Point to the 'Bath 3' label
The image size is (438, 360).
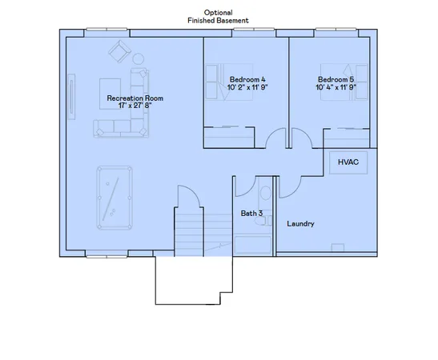pyautogui.click(x=251, y=214)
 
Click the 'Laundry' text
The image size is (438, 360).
pyautogui.click(x=300, y=223)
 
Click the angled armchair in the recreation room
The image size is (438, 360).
pyautogui.click(x=119, y=53)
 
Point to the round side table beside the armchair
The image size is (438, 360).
pyautogui.click(x=137, y=58)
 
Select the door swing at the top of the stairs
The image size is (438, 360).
pyautogui.click(x=185, y=196)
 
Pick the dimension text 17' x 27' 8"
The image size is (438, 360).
pyautogui.click(x=135, y=106)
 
